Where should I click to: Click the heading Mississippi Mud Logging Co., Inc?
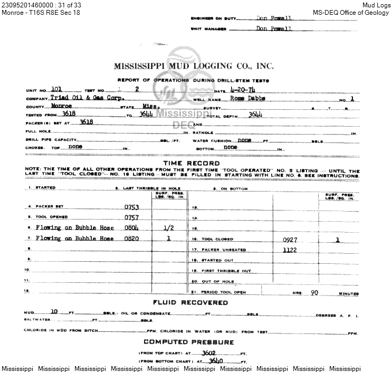[x=194, y=66]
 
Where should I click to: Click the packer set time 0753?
[x=131, y=207]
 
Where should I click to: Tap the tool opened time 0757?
[x=131, y=217]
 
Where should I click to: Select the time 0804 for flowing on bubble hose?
[x=131, y=228]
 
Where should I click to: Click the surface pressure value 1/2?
[x=169, y=228]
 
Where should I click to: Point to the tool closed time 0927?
[x=290, y=240]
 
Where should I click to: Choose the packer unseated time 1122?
[x=290, y=250]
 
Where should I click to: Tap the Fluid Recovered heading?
[x=190, y=303]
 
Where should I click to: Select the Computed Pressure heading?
[x=188, y=342]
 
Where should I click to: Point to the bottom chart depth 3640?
[x=216, y=361]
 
